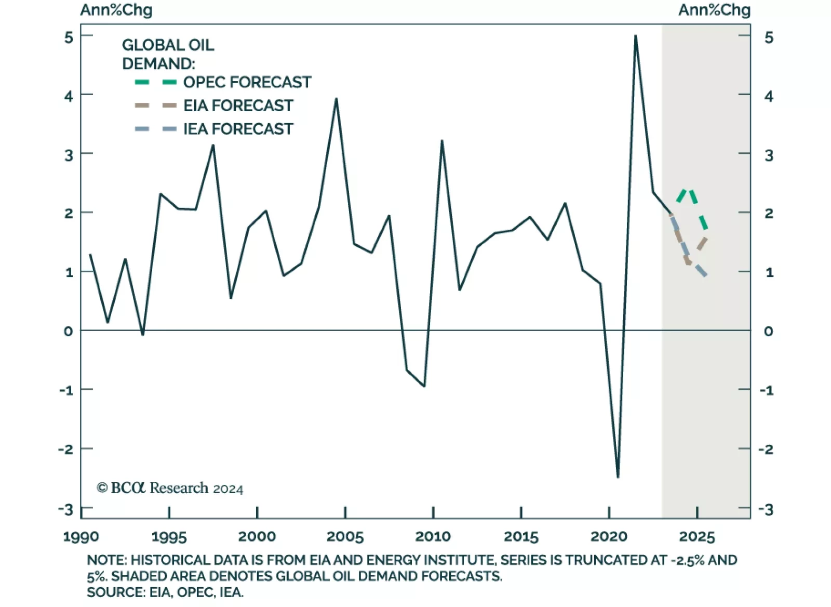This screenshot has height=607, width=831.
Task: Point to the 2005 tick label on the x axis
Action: pos(345,536)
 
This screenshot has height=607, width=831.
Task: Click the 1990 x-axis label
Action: pos(81,536)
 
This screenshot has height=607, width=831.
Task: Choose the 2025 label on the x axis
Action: pos(697,536)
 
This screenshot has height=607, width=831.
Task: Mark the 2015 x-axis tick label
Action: pos(521,536)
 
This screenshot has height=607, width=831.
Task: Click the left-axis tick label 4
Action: pos(69,96)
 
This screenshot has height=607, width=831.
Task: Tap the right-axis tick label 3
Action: pos(769,155)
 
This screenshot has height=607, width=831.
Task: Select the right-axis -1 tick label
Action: pos(767,390)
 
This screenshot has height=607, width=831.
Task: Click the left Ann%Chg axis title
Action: pos(116,10)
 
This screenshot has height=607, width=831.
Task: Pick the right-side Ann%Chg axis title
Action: pos(714,10)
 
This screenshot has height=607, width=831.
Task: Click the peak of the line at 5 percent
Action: pos(635,36)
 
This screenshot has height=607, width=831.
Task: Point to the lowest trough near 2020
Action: pos(618,477)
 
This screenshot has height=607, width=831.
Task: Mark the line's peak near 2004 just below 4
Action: pos(336,99)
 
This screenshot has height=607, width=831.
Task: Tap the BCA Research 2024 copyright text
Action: pos(170,488)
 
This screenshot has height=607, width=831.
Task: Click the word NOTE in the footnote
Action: pos(106,560)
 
